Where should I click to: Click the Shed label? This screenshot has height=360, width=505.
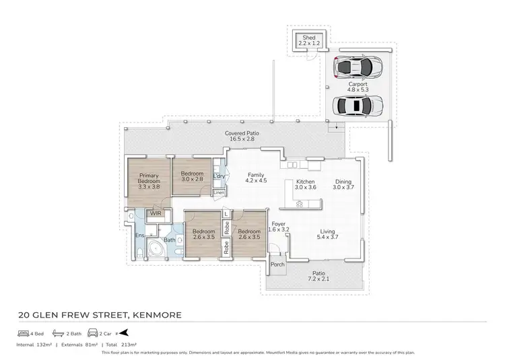pyautogui.click(x=309, y=38)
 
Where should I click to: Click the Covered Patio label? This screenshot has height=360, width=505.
pyautogui.click(x=242, y=134)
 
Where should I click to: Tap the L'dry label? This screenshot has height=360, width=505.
pyautogui.click(x=218, y=176)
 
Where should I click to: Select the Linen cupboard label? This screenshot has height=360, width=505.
pyautogui.click(x=218, y=192)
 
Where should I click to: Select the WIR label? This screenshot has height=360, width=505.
pyautogui.click(x=156, y=213)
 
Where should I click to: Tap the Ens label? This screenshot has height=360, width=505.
pyautogui.click(x=139, y=235)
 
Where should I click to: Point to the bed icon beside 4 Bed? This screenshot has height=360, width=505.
pyautogui.click(x=22, y=332)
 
